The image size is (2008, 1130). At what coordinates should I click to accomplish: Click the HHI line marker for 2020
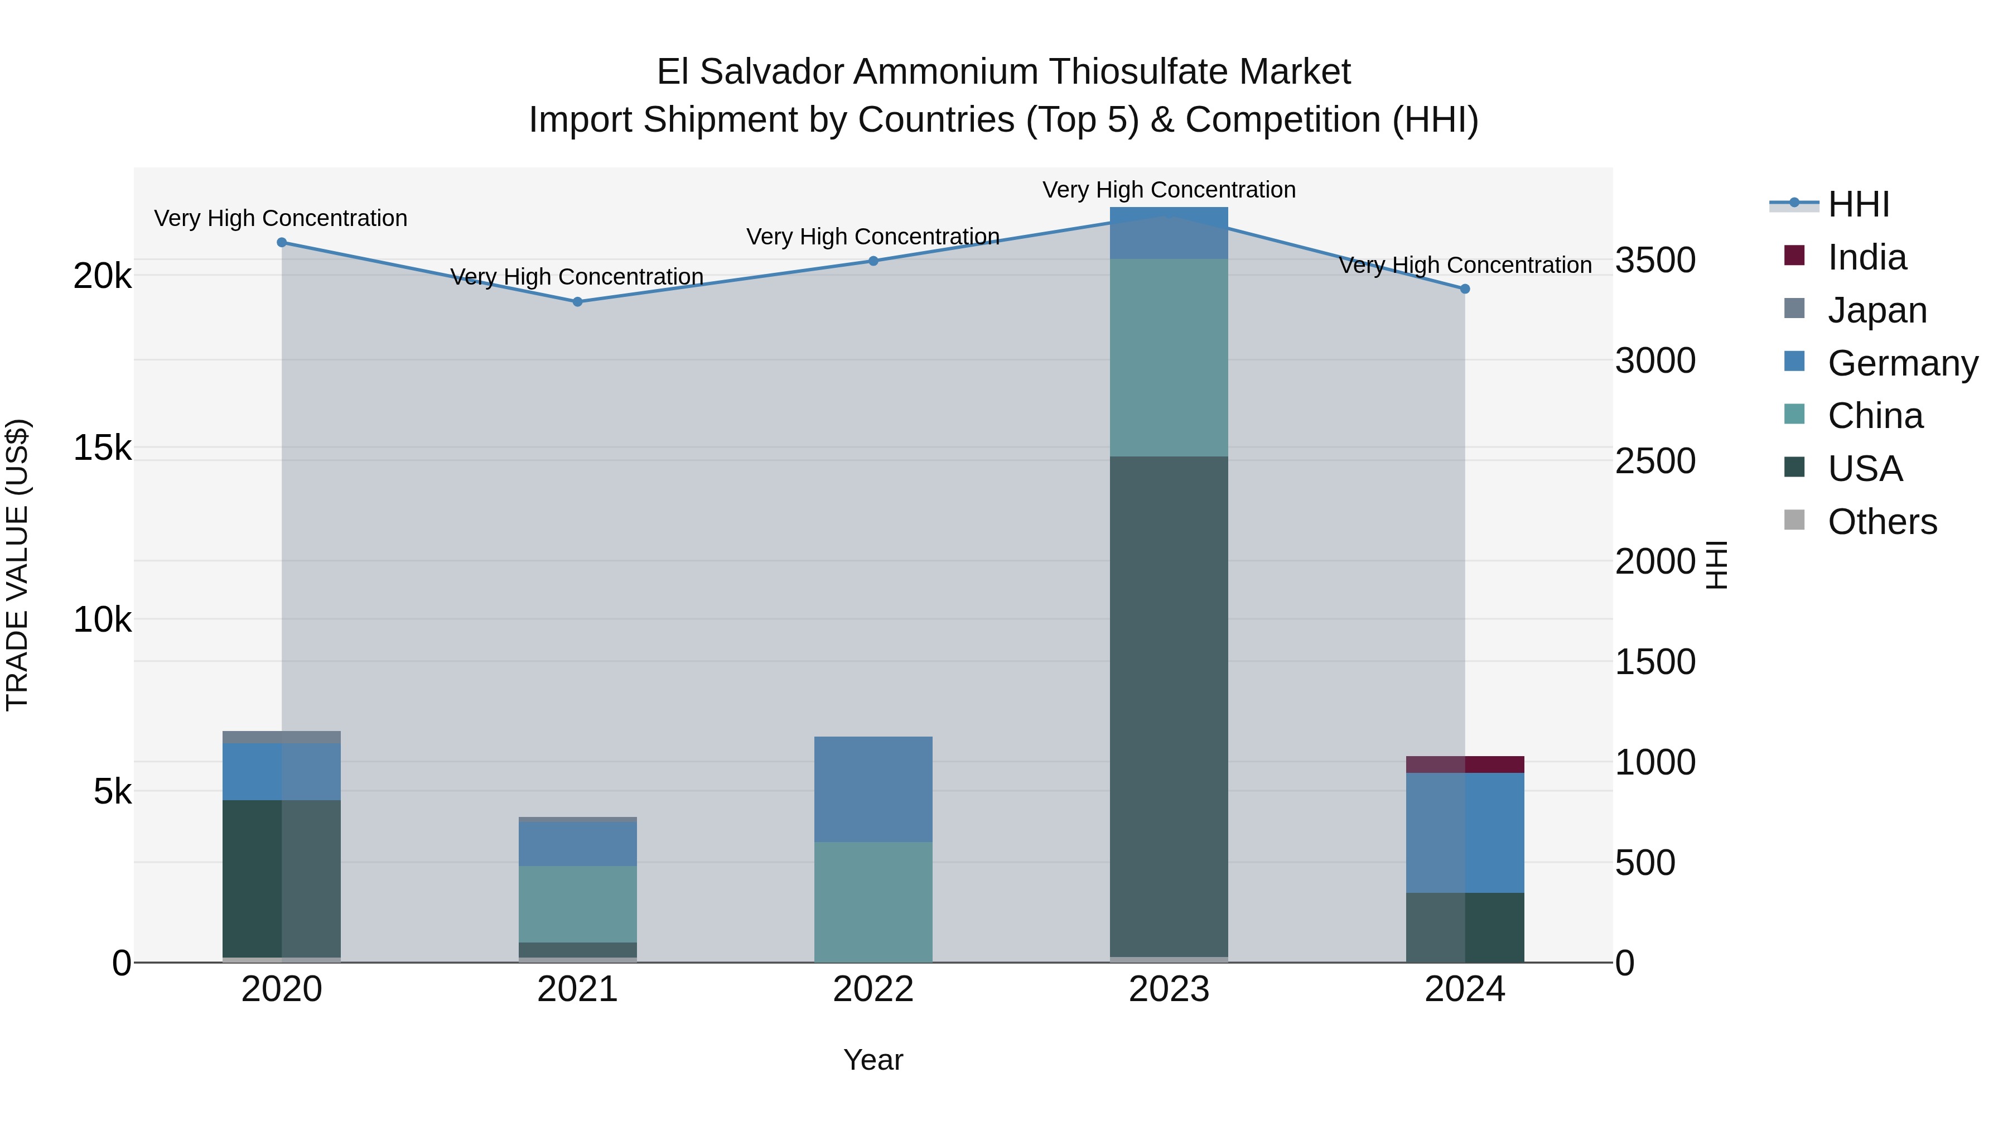point(282,243)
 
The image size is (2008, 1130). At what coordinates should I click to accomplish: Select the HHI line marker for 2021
point(578,302)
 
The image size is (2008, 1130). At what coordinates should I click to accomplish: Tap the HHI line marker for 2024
point(1465,289)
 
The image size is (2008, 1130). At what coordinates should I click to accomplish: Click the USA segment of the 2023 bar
point(1169,702)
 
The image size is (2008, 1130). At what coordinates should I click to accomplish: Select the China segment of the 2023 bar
point(1169,357)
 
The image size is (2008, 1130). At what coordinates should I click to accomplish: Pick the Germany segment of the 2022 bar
point(873,788)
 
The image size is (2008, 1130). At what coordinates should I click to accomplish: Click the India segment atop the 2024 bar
point(1465,764)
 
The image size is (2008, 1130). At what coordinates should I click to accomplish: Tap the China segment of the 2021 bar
point(578,904)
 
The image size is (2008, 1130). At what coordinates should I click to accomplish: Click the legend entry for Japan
point(1876,310)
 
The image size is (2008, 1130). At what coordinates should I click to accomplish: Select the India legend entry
point(1866,257)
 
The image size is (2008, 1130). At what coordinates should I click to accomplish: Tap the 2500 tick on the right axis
point(1655,461)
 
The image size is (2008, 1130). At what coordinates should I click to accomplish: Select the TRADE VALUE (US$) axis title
point(17,565)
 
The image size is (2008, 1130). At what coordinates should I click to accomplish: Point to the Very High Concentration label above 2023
point(1169,190)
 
